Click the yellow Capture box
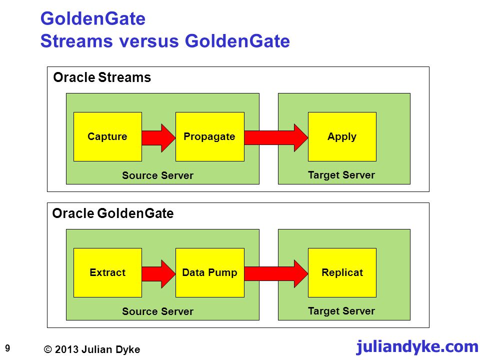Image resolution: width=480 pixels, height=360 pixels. [108, 136]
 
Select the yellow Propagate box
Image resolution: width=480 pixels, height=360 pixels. [210, 136]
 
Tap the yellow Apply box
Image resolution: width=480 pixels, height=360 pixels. [342, 136]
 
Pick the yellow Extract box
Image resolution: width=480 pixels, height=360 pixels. [108, 272]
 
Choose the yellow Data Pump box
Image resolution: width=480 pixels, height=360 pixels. [210, 272]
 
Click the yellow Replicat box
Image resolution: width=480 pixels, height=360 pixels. [342, 272]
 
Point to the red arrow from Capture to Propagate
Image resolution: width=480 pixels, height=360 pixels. [158, 138]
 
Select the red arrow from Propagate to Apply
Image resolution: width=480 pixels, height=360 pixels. [276, 138]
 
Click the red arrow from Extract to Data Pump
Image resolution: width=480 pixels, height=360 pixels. [158, 274]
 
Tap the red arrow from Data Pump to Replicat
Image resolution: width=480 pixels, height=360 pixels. [276, 273]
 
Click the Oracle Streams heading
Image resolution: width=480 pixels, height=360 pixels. [102, 77]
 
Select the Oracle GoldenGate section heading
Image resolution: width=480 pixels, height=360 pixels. [113, 213]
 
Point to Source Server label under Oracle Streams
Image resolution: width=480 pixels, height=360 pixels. [157, 175]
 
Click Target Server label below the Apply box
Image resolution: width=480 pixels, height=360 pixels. [341, 175]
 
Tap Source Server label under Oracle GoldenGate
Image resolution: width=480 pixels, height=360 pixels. [157, 311]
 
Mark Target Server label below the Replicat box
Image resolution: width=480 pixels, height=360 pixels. [341, 311]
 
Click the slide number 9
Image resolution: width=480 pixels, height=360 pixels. [7, 348]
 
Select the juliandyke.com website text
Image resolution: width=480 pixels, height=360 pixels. [417, 346]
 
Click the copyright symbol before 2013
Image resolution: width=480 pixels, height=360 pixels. [48, 349]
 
